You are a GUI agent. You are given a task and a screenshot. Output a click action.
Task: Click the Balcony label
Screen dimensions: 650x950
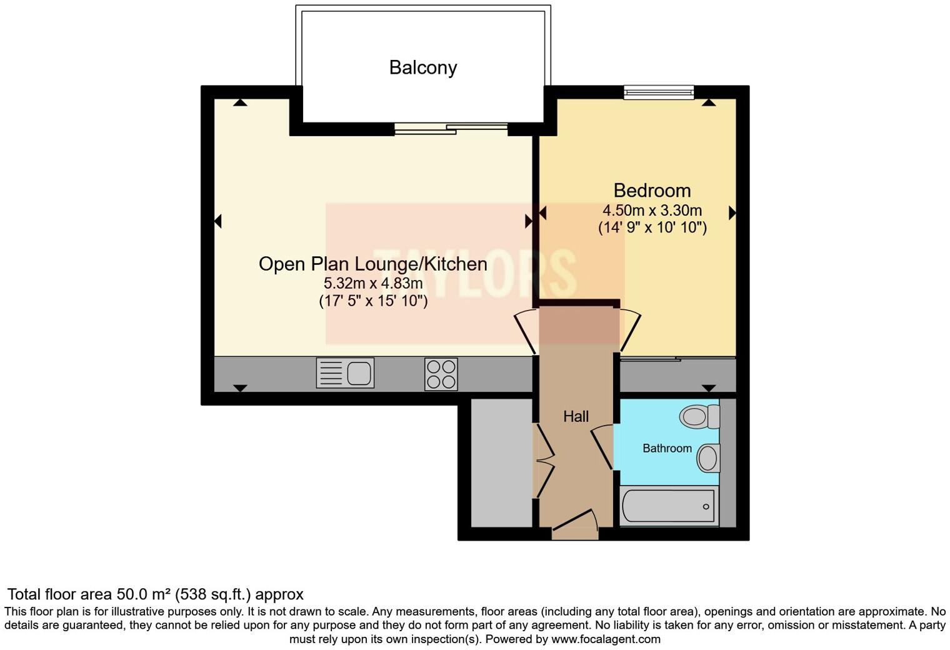[422, 67]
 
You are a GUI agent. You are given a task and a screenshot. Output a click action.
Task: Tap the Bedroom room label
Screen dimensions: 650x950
[652, 190]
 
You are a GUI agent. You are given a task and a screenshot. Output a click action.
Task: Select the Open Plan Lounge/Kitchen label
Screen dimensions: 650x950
[372, 264]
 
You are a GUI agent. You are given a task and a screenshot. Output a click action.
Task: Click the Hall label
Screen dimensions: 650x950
[576, 416]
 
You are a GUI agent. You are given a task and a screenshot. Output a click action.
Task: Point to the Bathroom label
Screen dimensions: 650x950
[667, 448]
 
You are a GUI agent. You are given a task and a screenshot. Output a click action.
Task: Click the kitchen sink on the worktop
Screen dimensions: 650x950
[345, 373]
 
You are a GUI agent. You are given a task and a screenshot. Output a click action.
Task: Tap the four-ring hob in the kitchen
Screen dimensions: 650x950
[441, 374]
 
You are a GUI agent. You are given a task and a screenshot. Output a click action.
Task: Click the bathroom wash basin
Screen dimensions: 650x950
[708, 458]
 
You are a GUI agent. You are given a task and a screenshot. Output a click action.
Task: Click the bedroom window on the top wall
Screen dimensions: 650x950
[659, 92]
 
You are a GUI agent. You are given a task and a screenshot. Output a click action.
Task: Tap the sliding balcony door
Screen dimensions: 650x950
[451, 129]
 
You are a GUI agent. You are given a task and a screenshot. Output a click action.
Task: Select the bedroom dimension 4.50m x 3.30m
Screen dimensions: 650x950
[652, 210]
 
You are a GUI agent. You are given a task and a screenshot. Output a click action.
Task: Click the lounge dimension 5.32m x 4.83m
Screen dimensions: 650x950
[372, 283]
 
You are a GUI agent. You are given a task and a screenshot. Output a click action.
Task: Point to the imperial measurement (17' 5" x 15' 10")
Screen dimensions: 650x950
[372, 301]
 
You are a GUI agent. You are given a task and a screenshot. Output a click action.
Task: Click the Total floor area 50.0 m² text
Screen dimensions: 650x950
[155, 594]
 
